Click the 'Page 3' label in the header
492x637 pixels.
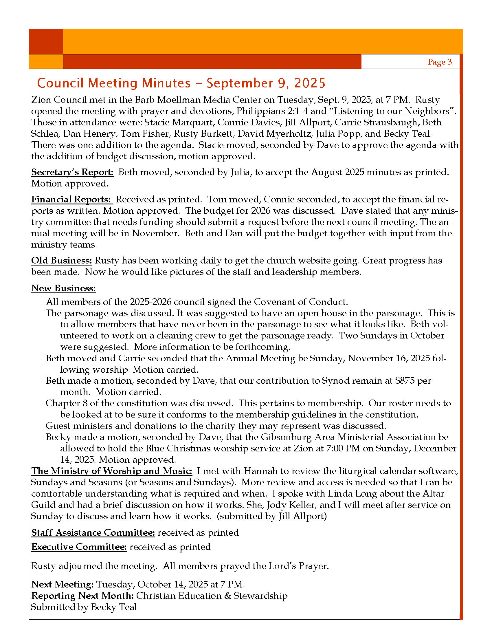click(x=440, y=62)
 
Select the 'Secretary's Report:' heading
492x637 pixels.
click(x=72, y=172)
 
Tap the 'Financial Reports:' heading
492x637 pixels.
click(x=72, y=199)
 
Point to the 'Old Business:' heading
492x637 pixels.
click(x=62, y=261)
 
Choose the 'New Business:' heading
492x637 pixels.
click(x=64, y=288)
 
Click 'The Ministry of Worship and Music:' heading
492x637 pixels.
click(x=112, y=471)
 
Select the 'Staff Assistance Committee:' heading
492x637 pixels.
click(x=93, y=532)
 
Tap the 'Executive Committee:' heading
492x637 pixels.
click(x=79, y=547)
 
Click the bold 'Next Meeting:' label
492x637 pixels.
click(x=63, y=584)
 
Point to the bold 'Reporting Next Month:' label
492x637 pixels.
click(x=82, y=596)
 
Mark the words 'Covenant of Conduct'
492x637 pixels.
click(x=301, y=302)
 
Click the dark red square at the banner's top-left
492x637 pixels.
click(x=46, y=42)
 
